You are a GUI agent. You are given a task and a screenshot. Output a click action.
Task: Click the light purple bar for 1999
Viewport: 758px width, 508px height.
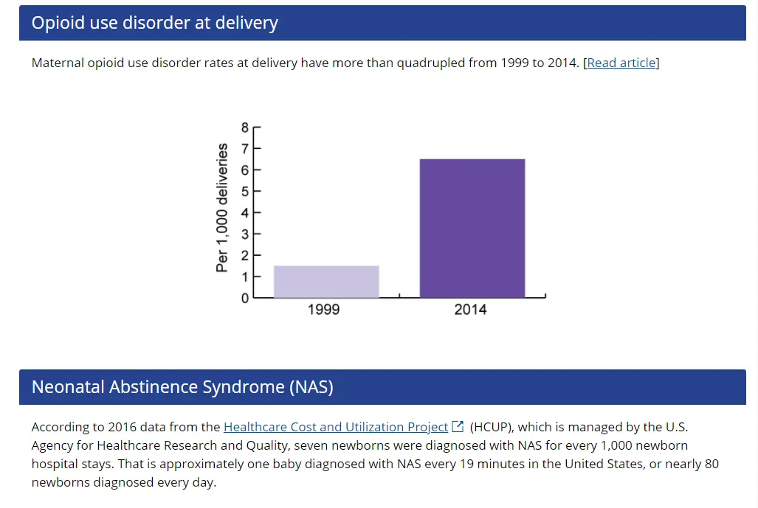tap(326, 282)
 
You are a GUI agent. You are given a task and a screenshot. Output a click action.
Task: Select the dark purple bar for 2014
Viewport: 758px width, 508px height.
tap(472, 229)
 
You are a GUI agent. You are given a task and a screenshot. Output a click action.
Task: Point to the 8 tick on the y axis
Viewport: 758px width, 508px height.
tap(246, 127)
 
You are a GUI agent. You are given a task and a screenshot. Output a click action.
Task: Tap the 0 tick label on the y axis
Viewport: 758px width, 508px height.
tap(246, 298)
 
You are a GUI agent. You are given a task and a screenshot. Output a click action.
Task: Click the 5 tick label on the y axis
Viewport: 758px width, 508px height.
tap(246, 191)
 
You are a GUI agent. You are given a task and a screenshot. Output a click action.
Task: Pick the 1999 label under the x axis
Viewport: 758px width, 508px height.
tap(323, 310)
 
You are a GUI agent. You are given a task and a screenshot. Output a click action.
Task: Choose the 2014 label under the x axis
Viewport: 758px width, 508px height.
tap(470, 310)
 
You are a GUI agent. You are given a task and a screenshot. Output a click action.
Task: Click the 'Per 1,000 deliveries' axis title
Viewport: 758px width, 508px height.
tap(222, 208)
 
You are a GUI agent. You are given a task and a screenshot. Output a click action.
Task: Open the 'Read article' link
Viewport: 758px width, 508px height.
tap(621, 63)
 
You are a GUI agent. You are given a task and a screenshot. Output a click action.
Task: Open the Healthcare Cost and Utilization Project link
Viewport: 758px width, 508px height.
tap(336, 427)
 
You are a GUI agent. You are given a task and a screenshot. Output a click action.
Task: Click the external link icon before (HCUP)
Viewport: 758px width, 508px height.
tap(458, 426)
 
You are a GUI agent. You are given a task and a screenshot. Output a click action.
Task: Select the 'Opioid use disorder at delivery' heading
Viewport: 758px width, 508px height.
tap(154, 23)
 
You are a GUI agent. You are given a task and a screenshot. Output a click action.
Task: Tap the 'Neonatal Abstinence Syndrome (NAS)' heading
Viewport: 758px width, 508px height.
tap(182, 387)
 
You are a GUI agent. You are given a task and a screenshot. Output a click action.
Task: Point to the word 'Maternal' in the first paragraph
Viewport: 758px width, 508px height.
tap(58, 63)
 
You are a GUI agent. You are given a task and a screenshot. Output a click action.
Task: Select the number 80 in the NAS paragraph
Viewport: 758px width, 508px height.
tap(712, 464)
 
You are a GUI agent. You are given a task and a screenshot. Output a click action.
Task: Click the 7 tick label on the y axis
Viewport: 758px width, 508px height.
tap(246, 148)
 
